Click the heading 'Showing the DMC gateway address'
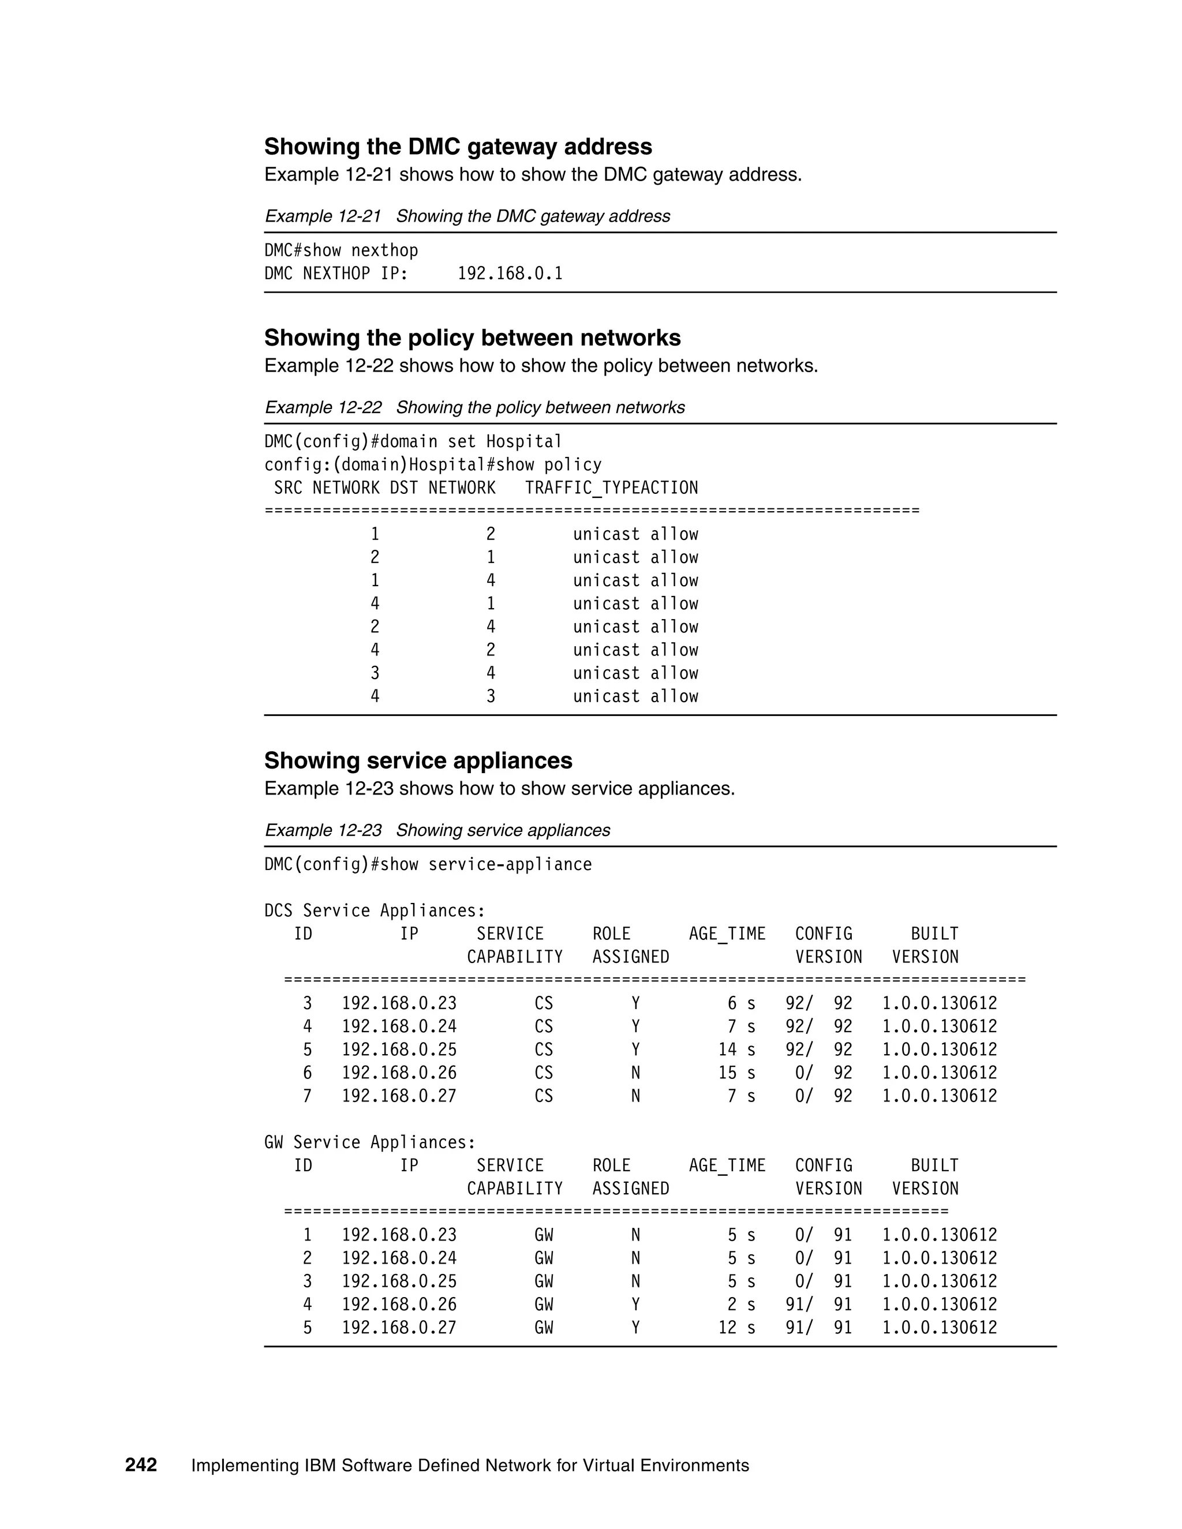(458, 147)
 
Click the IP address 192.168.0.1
(510, 273)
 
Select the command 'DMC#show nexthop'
(341, 250)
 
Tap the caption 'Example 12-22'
(323, 407)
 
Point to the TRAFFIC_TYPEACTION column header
(611, 488)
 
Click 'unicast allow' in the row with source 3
(635, 673)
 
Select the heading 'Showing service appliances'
(418, 761)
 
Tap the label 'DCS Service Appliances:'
(375, 911)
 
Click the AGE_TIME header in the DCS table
(727, 934)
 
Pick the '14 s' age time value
(736, 1050)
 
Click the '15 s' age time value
(736, 1073)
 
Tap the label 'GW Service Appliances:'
(370, 1142)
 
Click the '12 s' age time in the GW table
(736, 1328)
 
